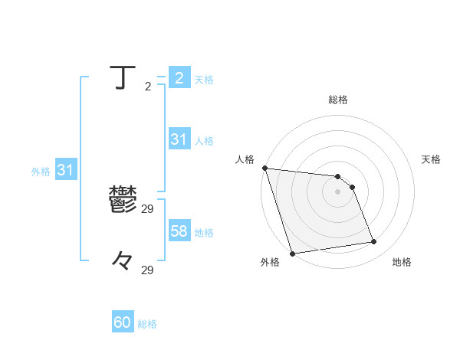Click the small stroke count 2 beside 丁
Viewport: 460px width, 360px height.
tap(147, 87)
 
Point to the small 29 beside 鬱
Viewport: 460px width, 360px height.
tap(148, 208)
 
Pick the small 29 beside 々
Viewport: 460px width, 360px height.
tap(148, 270)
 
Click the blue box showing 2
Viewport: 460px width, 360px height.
tap(179, 78)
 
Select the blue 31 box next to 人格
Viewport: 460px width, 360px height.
tap(179, 139)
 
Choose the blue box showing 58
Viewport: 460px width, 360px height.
tap(179, 231)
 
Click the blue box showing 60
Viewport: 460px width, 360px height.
tap(123, 323)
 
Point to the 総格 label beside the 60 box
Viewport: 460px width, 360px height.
tap(147, 324)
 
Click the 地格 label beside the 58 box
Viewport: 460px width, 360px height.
tap(204, 232)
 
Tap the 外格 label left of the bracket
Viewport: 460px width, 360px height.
tap(41, 172)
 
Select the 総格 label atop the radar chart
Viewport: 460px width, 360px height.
tap(338, 100)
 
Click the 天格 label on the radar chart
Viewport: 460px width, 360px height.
tap(431, 159)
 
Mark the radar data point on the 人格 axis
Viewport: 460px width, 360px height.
tap(264, 168)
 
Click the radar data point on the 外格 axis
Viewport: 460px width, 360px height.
tap(292, 253)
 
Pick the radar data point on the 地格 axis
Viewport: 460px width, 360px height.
tap(373, 242)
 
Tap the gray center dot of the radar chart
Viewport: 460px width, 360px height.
tap(338, 191)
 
